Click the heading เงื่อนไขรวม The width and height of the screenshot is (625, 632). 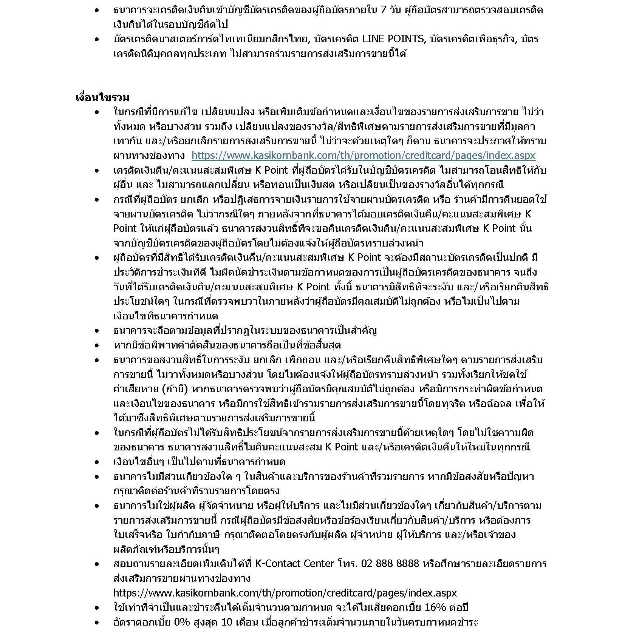(x=102, y=97)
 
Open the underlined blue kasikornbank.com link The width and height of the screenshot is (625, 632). (x=363, y=156)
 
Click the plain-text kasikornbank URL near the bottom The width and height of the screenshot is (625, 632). (x=285, y=593)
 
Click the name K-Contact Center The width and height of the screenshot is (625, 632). (x=295, y=564)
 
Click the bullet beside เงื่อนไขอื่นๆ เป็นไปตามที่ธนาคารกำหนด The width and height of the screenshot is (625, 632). (x=97, y=462)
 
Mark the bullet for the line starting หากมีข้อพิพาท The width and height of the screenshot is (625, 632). (x=97, y=345)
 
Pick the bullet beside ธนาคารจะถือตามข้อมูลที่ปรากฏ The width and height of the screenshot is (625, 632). (x=97, y=331)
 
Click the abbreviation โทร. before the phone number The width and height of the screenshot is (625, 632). (x=347, y=564)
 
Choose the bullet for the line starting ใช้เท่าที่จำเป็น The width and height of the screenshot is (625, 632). (x=97, y=608)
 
